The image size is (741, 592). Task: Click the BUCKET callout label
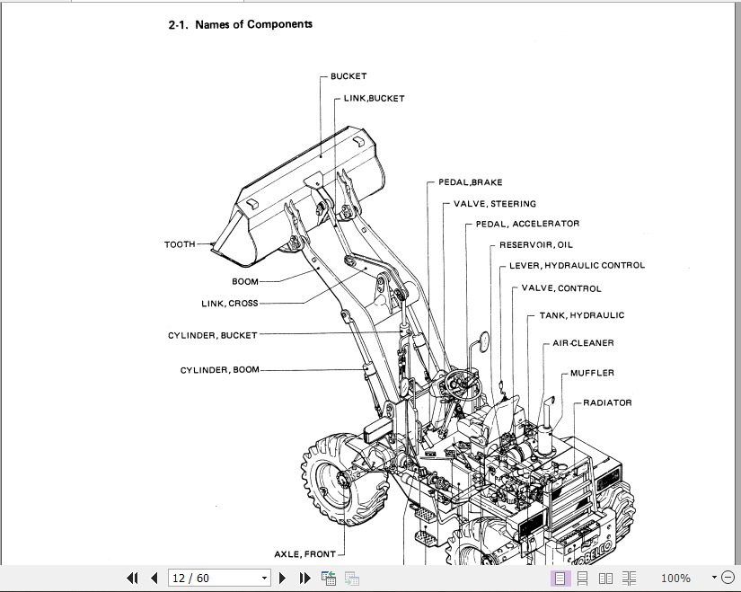[348, 77]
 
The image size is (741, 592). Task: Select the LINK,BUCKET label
[374, 99]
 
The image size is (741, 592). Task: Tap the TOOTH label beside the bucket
[180, 244]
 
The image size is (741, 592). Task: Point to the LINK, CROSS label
[229, 304]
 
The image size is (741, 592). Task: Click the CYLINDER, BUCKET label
[212, 336]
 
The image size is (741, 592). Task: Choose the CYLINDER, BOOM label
[219, 370]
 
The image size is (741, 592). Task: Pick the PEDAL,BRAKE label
[470, 183]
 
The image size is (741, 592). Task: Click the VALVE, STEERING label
[494, 204]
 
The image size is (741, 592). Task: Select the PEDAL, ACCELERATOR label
[527, 224]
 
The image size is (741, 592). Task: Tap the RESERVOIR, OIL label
[535, 244]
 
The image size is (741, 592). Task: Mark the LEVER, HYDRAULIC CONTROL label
[577, 266]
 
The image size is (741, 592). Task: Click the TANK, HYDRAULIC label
[581, 316]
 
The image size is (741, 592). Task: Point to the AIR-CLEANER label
[583, 343]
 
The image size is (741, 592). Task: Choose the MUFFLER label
[592, 374]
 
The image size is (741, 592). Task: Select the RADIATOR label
[607, 403]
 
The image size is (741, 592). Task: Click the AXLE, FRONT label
[304, 554]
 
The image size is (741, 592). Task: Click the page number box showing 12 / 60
[218, 578]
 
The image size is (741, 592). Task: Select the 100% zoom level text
[675, 579]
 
